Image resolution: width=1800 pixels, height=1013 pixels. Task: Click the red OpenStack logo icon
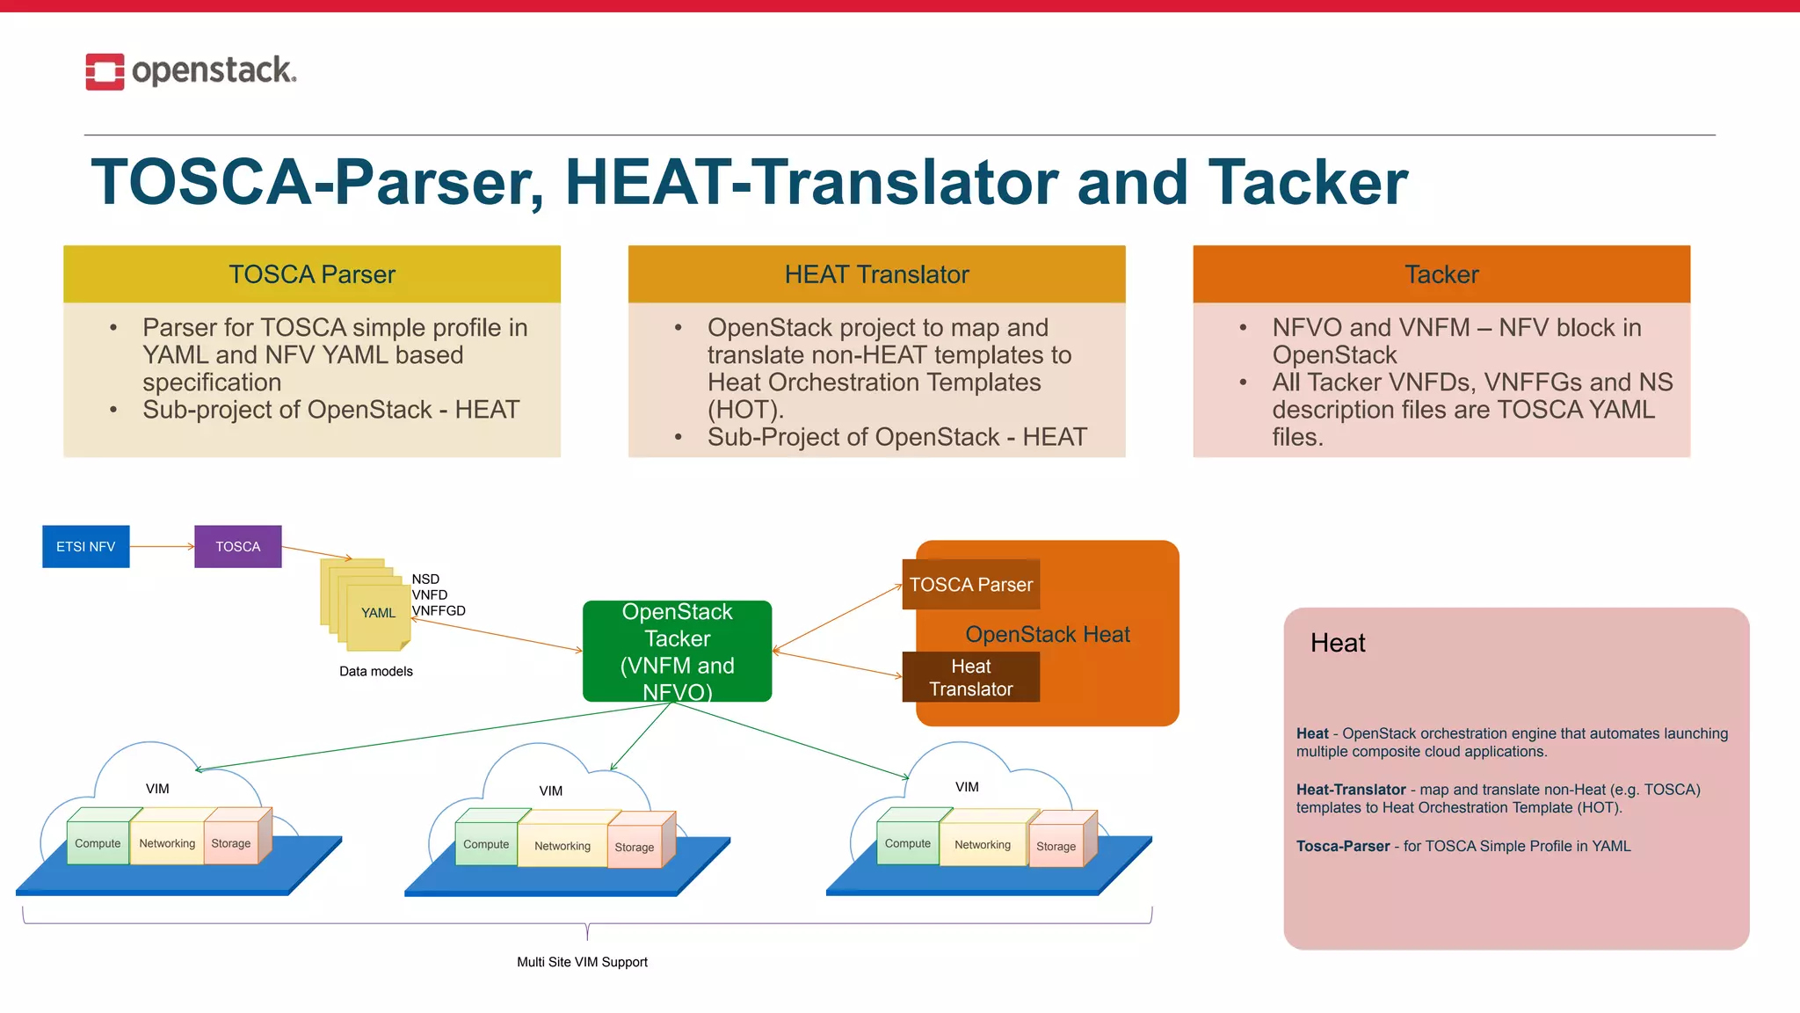click(x=105, y=71)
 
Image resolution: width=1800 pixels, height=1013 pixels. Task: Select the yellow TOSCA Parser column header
click(x=312, y=274)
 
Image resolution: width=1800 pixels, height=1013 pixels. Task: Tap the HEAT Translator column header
click(x=876, y=274)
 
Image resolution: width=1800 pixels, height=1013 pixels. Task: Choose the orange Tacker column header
click(x=1441, y=274)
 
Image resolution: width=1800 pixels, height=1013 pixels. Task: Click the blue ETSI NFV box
click(x=86, y=546)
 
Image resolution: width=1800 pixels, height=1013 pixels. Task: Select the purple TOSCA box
click(x=238, y=546)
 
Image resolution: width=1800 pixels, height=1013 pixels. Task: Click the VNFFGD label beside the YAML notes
click(x=439, y=611)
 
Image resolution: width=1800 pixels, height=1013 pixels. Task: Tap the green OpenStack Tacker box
click(x=677, y=651)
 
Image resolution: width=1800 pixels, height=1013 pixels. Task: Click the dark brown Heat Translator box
click(x=970, y=677)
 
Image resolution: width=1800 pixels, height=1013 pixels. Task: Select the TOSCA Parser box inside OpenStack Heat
click(x=970, y=585)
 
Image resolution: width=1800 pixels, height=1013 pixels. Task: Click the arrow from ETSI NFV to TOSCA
click(x=162, y=546)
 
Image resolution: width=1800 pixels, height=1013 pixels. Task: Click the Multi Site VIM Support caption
click(x=582, y=962)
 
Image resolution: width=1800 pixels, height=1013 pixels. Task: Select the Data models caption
click(x=375, y=671)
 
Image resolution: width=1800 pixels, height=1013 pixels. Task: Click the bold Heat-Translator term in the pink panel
click(x=1351, y=790)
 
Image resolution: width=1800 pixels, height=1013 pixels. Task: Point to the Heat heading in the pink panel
click(x=1337, y=643)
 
